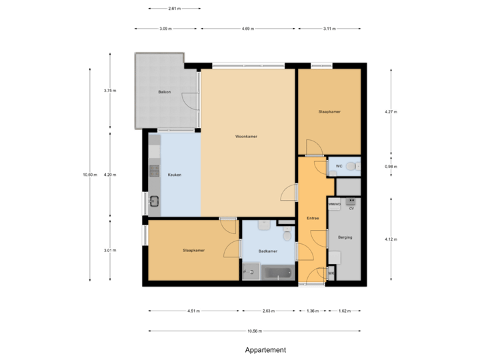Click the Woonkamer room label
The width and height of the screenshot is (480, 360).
click(x=246, y=137)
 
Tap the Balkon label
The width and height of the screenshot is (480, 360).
click(x=165, y=91)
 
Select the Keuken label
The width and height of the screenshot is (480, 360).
click(x=174, y=175)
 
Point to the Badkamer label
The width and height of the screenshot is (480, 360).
click(x=268, y=251)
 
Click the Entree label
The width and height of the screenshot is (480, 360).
click(x=312, y=218)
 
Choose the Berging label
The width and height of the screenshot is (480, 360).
click(x=345, y=237)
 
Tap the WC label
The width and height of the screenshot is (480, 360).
click(x=339, y=165)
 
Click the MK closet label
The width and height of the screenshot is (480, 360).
click(x=331, y=273)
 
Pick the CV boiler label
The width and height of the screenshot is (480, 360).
click(x=351, y=209)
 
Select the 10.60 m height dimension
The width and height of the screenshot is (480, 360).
click(x=90, y=175)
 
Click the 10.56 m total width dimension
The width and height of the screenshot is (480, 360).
click(x=255, y=331)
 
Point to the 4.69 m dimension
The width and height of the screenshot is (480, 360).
click(x=247, y=29)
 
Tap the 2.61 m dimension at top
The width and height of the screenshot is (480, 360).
click(x=174, y=9)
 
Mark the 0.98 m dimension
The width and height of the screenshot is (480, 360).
click(x=391, y=166)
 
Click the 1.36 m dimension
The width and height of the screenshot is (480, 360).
click(x=312, y=311)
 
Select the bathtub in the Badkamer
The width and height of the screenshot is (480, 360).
click(x=277, y=272)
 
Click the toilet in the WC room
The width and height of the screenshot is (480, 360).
click(x=351, y=166)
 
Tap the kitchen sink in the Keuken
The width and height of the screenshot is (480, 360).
click(x=154, y=201)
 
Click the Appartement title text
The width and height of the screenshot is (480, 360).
click(x=265, y=349)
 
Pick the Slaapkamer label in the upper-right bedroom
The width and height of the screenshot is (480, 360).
click(x=329, y=112)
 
